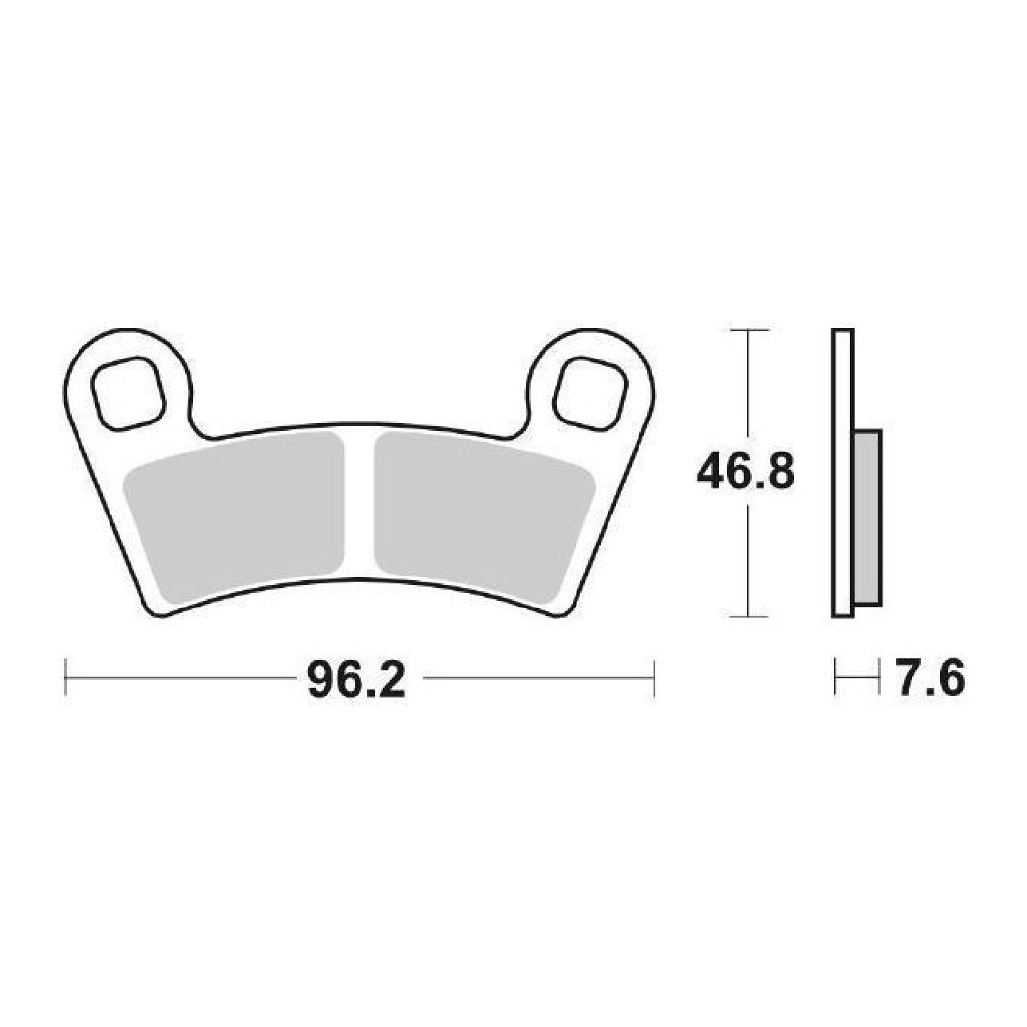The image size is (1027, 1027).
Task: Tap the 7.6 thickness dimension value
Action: (x=930, y=678)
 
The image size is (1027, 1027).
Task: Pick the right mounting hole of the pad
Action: (x=591, y=393)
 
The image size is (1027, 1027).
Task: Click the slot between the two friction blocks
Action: (x=360, y=504)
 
